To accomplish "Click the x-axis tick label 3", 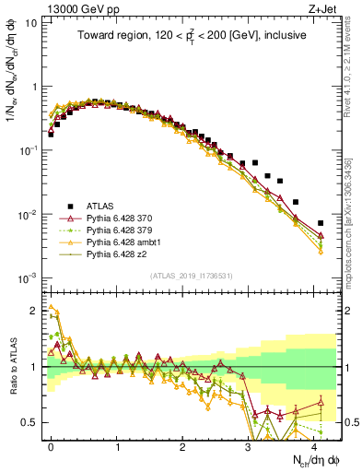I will [x=249, y=446].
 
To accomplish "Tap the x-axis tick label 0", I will [x=51, y=446].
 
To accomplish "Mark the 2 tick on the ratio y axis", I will [x=34, y=311].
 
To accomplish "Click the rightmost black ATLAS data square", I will [x=321, y=223].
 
